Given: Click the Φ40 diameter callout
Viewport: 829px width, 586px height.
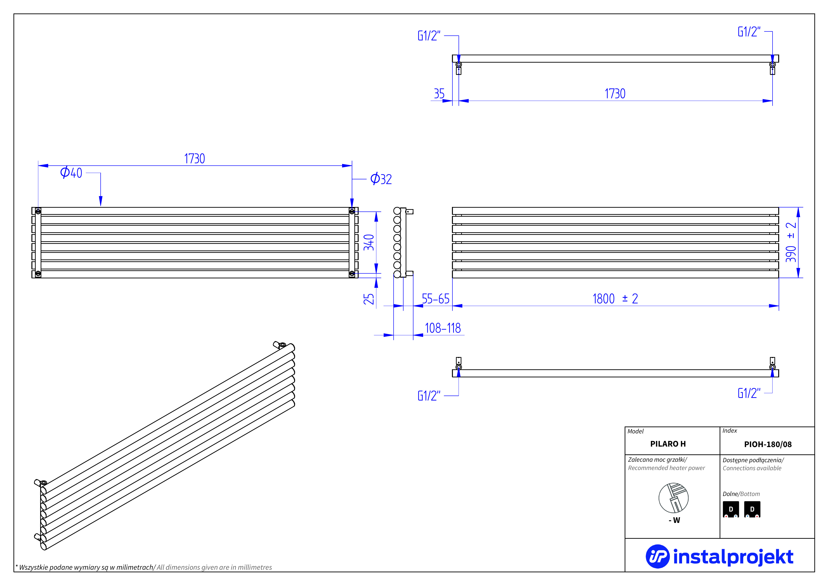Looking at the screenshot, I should [x=71, y=173].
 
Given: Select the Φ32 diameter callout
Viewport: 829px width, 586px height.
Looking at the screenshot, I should [x=381, y=179].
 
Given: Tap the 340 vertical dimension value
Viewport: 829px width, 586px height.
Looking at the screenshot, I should [x=369, y=242].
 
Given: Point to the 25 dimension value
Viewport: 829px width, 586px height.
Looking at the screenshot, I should [x=369, y=299].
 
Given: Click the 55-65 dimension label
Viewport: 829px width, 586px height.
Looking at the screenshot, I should [x=435, y=299].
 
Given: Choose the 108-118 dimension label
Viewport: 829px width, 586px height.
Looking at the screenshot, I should [x=443, y=328].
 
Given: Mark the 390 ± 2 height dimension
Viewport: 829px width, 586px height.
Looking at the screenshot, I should [x=791, y=242].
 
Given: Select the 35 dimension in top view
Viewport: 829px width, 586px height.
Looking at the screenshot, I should [x=439, y=94].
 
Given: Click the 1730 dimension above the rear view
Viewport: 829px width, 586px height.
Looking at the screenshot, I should [x=195, y=159].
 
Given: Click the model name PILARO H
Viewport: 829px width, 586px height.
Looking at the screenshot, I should [x=668, y=444].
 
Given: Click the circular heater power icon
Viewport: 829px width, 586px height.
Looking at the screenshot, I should [x=673, y=498].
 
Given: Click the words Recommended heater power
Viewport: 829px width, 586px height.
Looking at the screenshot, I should [x=666, y=468].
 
